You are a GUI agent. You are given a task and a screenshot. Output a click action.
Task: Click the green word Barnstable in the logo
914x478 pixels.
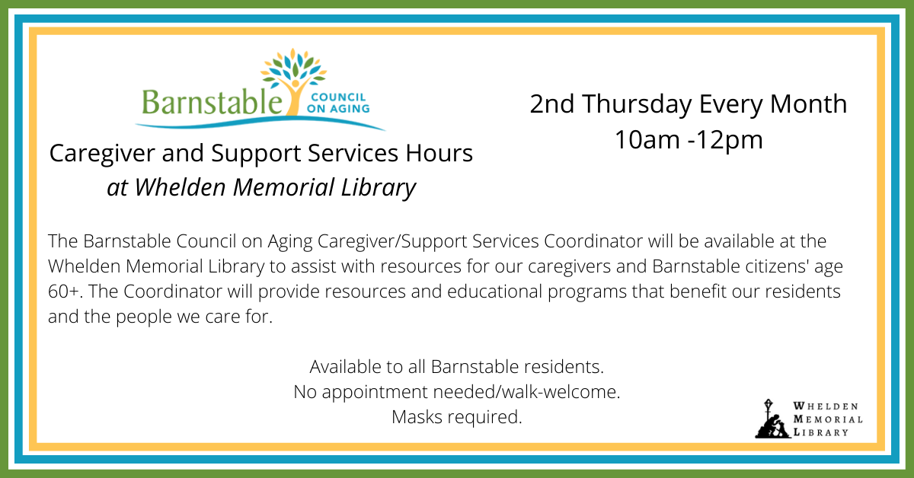[213, 102]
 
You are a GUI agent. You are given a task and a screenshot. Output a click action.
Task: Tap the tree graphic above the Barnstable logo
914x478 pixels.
[294, 80]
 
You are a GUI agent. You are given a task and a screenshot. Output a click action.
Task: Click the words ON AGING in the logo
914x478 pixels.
[338, 109]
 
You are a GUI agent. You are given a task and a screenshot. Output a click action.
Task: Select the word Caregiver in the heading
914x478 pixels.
[102, 155]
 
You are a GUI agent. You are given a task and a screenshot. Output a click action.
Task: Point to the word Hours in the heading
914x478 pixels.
[439, 153]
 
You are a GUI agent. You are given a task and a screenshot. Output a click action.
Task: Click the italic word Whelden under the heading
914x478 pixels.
[181, 187]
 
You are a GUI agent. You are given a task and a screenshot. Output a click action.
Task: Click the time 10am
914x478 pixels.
[647, 140]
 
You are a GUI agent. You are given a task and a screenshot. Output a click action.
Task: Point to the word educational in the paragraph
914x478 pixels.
[494, 292]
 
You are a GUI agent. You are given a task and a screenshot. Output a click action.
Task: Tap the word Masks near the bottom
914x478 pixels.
[417, 417]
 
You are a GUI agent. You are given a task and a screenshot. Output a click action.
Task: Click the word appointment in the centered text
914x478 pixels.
[375, 392]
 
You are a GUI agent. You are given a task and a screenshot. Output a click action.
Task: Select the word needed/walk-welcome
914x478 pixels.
[526, 391]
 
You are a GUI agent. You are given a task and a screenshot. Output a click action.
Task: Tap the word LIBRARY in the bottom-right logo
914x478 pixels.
[820, 432]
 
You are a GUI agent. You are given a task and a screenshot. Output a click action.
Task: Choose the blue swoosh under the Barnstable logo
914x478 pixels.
[260, 123]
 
